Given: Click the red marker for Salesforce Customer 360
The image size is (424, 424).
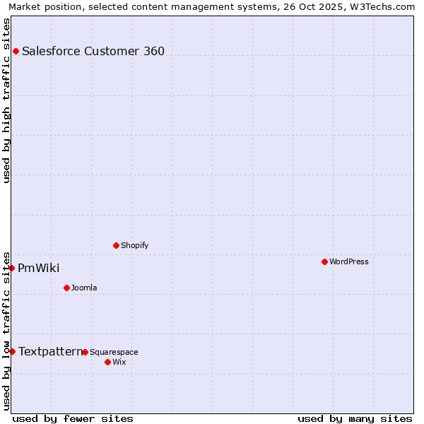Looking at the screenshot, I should (16, 51).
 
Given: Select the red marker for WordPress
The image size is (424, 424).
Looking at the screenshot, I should (324, 261).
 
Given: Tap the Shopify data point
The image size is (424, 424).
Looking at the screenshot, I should (116, 245).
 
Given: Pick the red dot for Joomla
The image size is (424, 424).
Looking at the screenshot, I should (66, 288).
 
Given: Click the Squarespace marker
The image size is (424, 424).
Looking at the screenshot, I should (85, 352).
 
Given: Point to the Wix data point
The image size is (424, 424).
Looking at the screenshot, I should (107, 362).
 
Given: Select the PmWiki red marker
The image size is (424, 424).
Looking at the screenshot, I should (12, 268).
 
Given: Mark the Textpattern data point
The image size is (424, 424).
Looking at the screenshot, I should (12, 351).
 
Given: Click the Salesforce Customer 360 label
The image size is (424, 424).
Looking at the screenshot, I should (93, 51).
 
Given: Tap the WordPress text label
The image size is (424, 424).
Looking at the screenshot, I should (349, 261).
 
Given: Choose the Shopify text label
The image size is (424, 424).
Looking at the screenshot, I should (134, 245).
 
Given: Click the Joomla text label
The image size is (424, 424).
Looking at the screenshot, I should (84, 288).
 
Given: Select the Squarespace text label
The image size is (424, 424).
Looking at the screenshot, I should (114, 352).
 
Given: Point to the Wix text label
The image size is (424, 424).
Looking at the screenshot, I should (119, 362).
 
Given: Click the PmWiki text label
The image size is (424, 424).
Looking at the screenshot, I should (39, 268).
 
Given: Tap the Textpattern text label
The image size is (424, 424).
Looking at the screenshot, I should (50, 351).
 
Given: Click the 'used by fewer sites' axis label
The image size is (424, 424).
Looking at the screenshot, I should (73, 418).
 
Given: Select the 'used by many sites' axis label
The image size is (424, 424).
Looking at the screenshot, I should (355, 418).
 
